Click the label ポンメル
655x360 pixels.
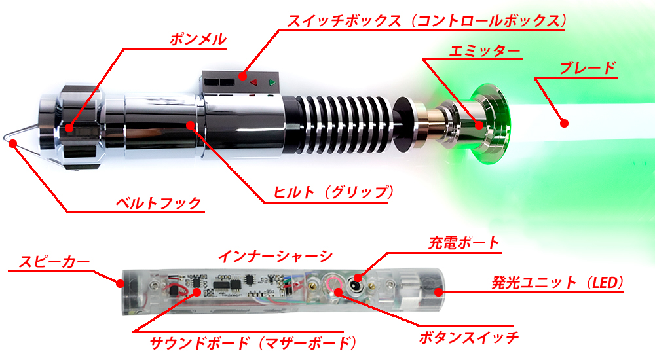pyautogui.click(x=198, y=39)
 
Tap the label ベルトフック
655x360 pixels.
pyautogui.click(x=159, y=204)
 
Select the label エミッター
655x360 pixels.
pyautogui.click(x=485, y=51)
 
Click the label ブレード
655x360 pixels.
pyautogui.click(x=588, y=68)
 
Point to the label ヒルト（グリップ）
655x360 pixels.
pyautogui.click(x=333, y=192)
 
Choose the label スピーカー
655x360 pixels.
pyautogui.click(x=54, y=262)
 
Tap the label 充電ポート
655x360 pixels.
pyautogui.click(x=464, y=243)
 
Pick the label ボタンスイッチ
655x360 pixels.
pyautogui.click(x=469, y=337)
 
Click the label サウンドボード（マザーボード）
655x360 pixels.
pyautogui.click(x=253, y=343)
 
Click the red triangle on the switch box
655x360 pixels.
pyautogui.click(x=253, y=82)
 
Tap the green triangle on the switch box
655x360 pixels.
pyautogui.click(x=272, y=82)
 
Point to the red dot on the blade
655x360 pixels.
pyautogui.click(x=564, y=123)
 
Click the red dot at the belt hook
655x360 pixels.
pyautogui.click(x=13, y=143)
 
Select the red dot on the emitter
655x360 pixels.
pyautogui.click(x=479, y=125)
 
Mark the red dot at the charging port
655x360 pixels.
pyautogui.click(x=358, y=278)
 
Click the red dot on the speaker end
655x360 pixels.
pyautogui.click(x=120, y=283)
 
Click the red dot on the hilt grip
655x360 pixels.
pyautogui.click(x=191, y=125)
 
